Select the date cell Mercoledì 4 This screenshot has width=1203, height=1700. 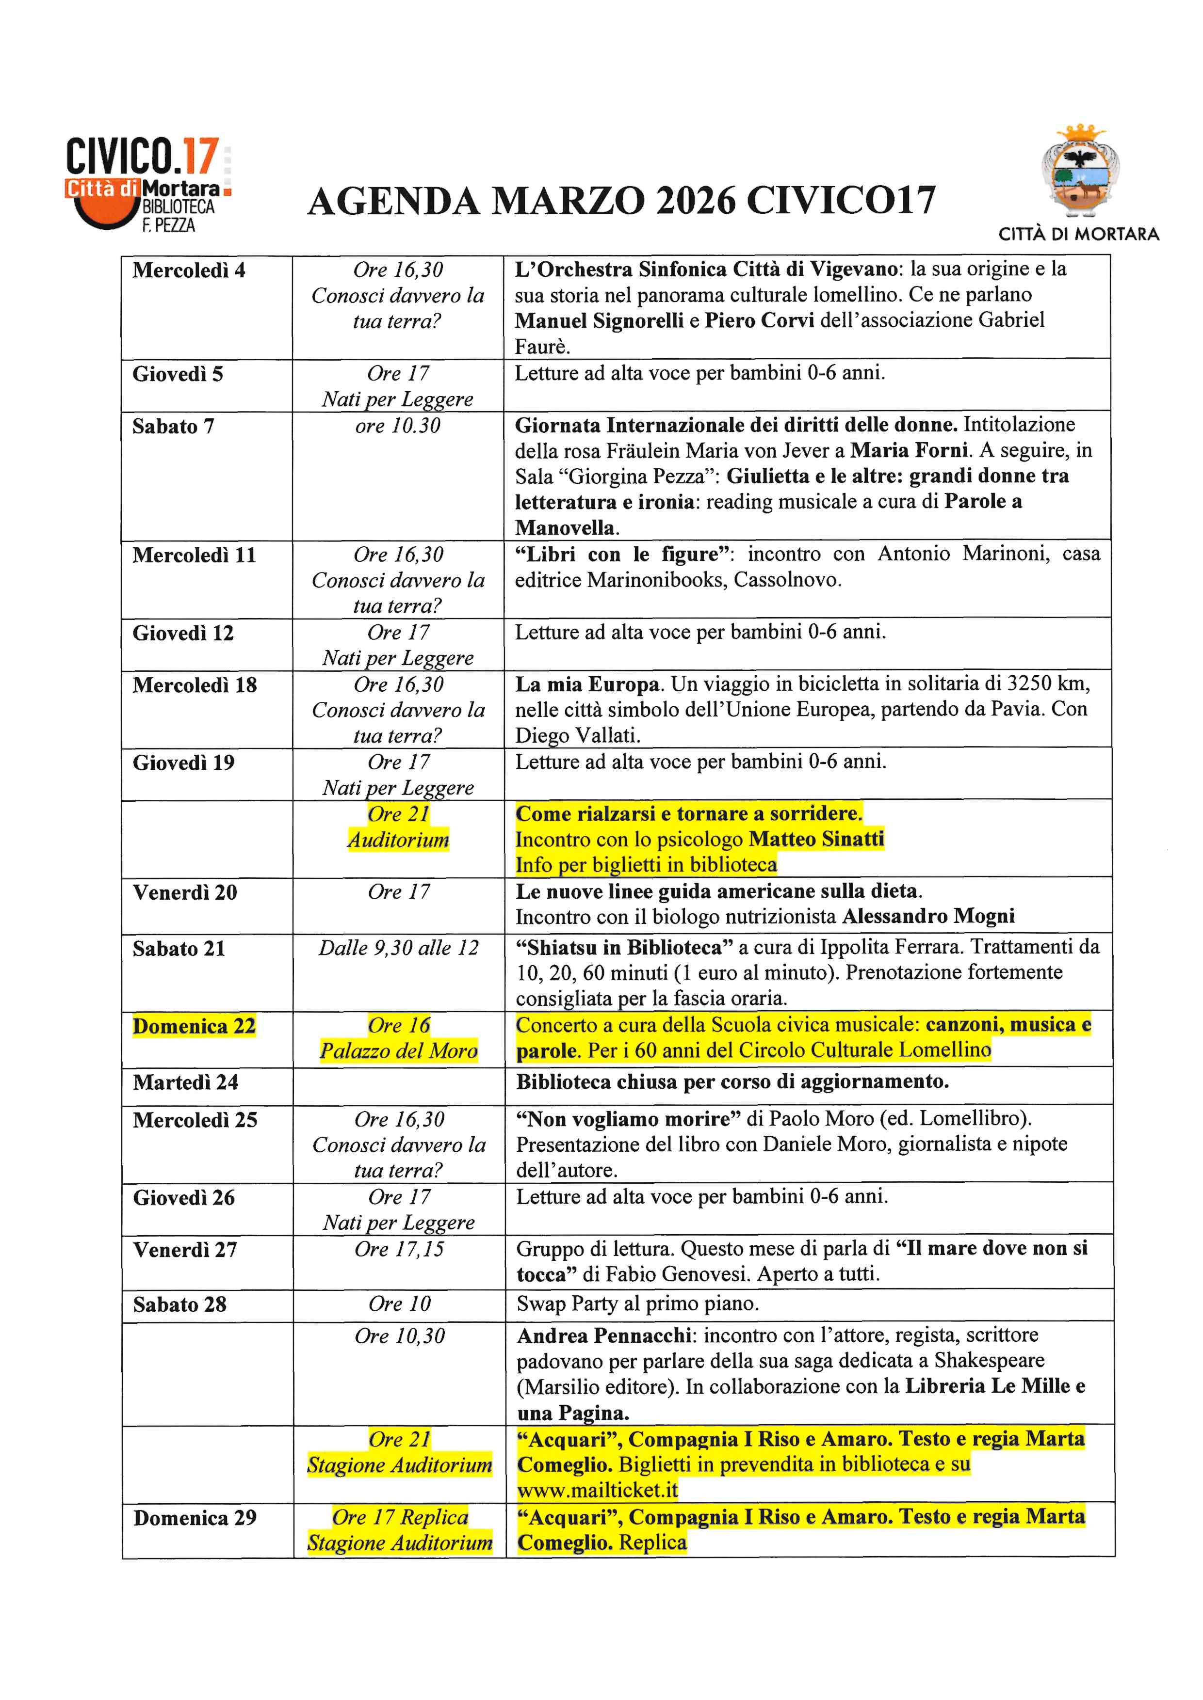click(x=189, y=271)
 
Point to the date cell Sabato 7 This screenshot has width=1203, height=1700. click(x=173, y=427)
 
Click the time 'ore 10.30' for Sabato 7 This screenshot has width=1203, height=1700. click(x=398, y=427)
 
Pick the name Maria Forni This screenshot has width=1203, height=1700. click(x=909, y=451)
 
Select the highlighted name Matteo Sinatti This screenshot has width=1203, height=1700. click(x=816, y=840)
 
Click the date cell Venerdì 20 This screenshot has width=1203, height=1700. click(x=185, y=893)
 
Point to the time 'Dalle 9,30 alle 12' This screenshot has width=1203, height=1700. click(x=399, y=949)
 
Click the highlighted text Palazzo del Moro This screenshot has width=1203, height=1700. click(x=399, y=1051)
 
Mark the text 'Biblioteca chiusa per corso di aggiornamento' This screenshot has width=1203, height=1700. click(x=732, y=1082)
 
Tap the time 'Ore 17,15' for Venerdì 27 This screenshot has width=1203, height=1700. click(x=399, y=1250)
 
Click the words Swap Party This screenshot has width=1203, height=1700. click(x=567, y=1304)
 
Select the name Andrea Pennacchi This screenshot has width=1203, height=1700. click(x=604, y=1336)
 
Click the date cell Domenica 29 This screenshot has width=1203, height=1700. click(x=195, y=1519)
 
